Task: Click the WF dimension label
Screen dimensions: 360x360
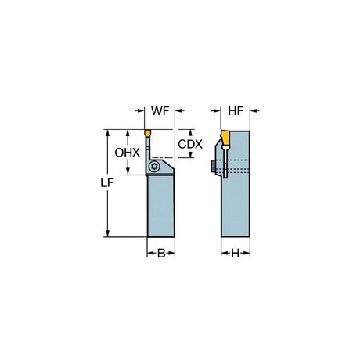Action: (x=160, y=111)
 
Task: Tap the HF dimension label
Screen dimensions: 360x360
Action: (x=236, y=111)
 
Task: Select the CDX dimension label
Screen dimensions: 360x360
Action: (x=190, y=144)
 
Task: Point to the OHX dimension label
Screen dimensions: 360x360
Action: (x=128, y=153)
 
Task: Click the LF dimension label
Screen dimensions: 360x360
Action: (x=107, y=183)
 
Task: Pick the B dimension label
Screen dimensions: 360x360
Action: (x=161, y=253)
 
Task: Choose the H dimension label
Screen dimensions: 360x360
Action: (x=236, y=253)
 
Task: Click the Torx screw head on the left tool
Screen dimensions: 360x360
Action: (x=154, y=166)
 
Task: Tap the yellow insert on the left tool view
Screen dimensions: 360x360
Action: (x=147, y=133)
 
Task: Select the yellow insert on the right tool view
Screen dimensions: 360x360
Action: (x=225, y=138)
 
